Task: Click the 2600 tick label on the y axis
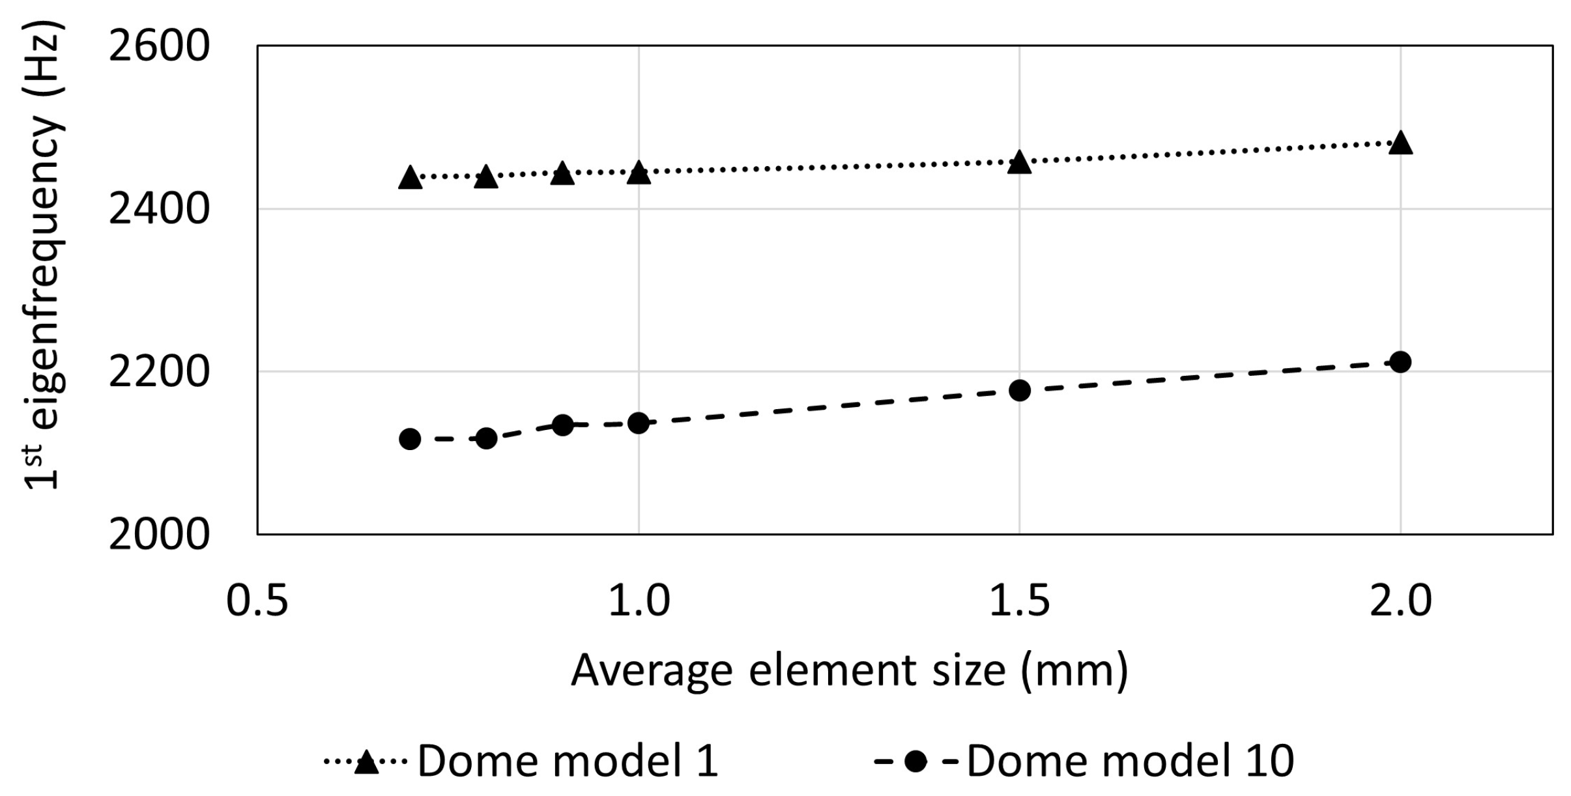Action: click(158, 46)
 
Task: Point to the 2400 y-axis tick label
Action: click(158, 209)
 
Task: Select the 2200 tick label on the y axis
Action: click(158, 372)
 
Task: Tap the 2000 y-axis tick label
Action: click(158, 535)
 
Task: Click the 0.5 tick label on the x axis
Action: click(257, 600)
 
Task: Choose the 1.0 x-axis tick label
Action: click(639, 600)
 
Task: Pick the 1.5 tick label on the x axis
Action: click(1019, 600)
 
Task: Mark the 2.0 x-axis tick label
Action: click(1400, 600)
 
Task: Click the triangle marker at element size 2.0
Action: click(1400, 143)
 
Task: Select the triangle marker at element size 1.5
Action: click(1019, 162)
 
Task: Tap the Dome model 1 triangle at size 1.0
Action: click(639, 173)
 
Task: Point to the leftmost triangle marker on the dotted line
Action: click(410, 177)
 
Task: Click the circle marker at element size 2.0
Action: click(1400, 362)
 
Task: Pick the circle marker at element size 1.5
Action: click(1019, 391)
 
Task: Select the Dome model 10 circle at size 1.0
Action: click(639, 423)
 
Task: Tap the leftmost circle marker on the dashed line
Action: click(410, 439)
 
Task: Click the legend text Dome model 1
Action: click(567, 760)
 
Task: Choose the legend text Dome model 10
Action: click(1130, 760)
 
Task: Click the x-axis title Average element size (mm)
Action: click(849, 670)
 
